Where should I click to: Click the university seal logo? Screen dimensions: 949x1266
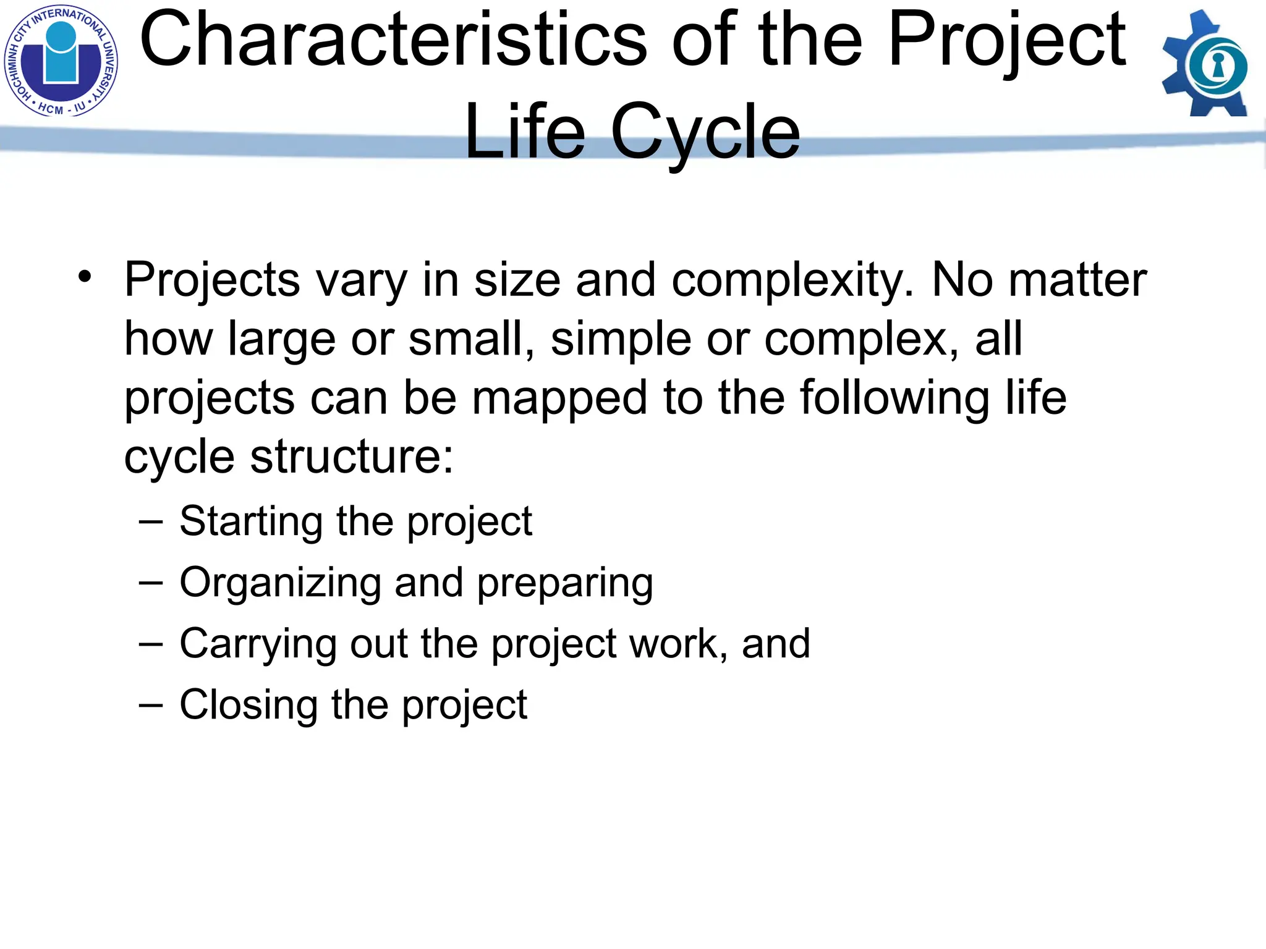pos(61,61)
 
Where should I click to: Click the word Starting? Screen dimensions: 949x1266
pos(251,522)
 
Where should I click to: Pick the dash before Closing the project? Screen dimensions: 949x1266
pos(151,705)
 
